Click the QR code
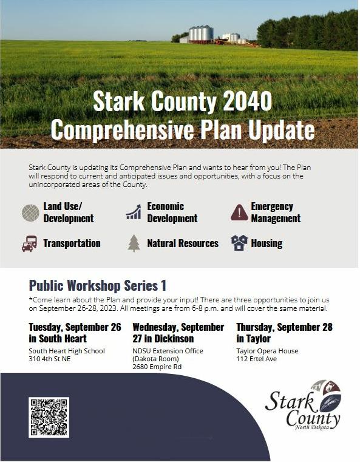point(49,417)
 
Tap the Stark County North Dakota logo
point(303,405)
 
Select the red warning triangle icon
point(239,212)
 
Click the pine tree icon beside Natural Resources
point(134,243)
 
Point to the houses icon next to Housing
point(239,243)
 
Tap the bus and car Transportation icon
point(30,243)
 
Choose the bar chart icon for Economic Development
point(134,212)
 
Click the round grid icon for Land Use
point(30,212)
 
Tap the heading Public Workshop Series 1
point(98,285)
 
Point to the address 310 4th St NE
point(50,359)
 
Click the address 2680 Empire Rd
point(157,367)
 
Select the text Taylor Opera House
point(267,351)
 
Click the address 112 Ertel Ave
point(257,359)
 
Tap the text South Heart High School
point(67,351)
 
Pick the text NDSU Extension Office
point(168,351)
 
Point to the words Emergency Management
point(276,212)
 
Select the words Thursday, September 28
point(284,327)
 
